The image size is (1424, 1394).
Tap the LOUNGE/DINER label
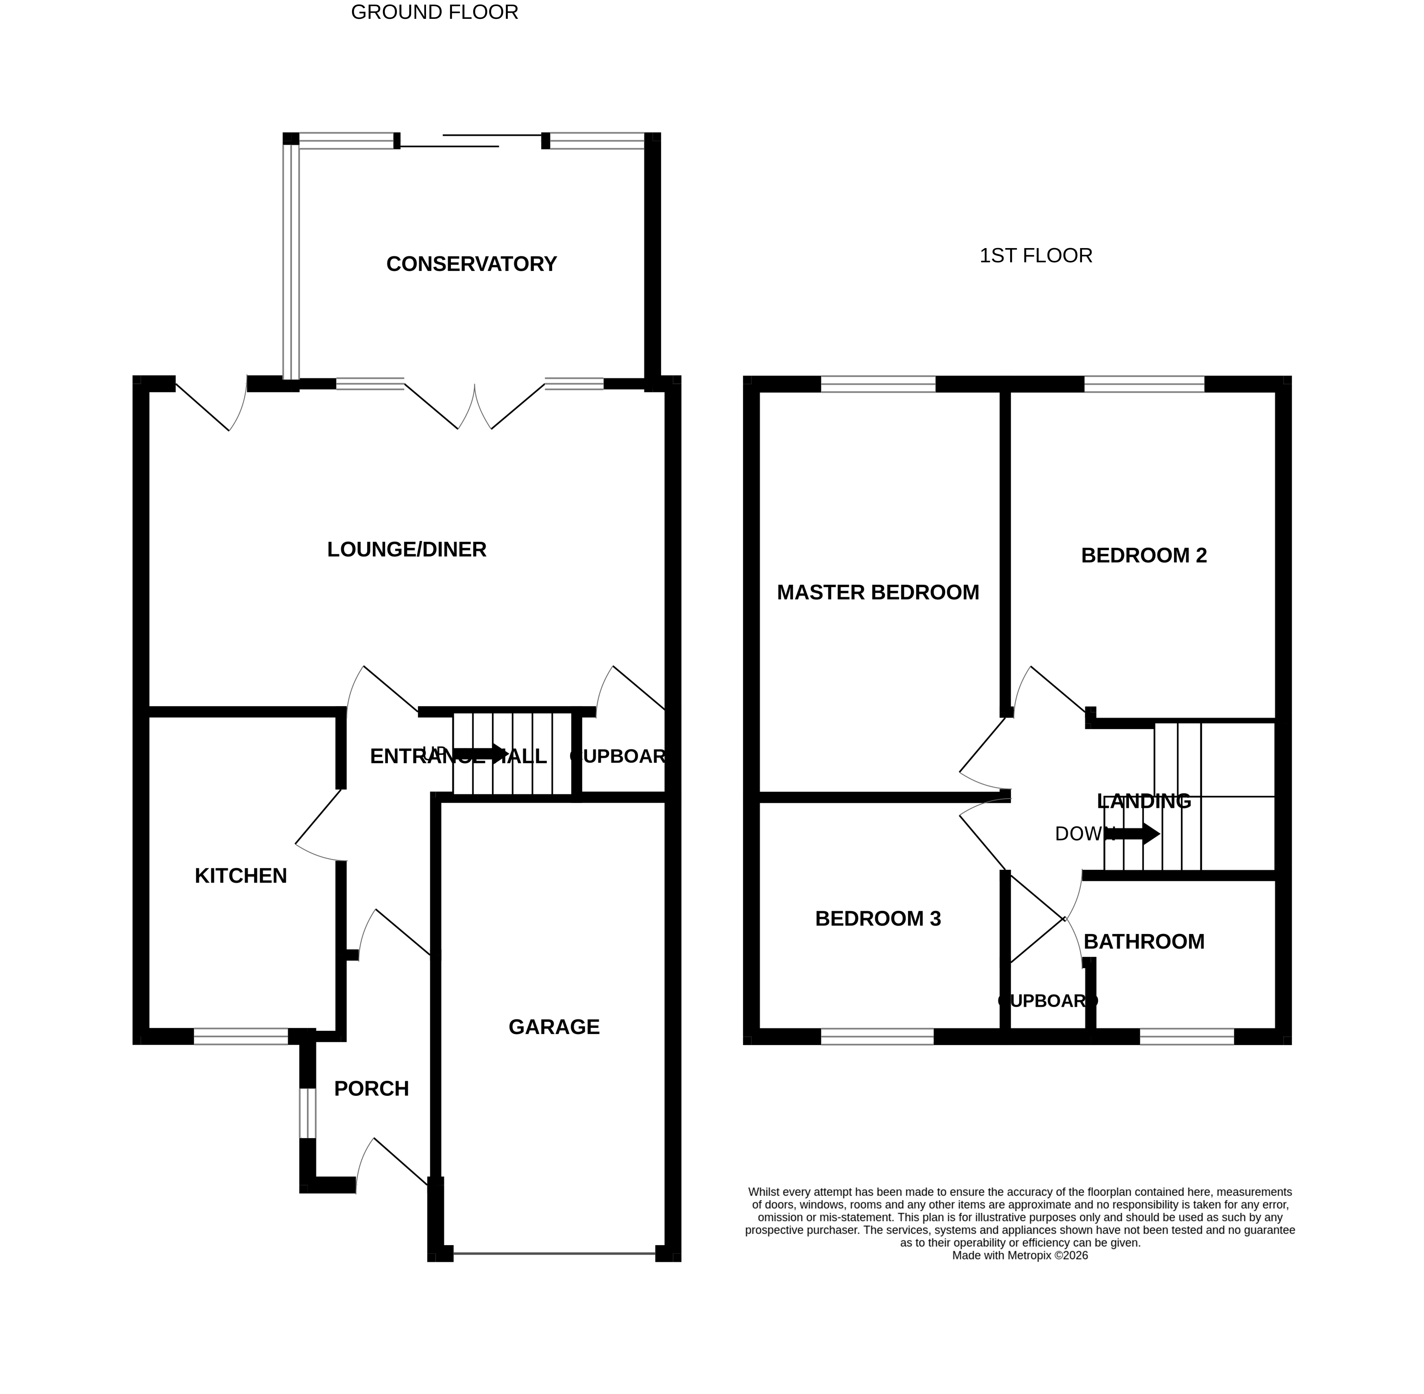[x=406, y=550]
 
